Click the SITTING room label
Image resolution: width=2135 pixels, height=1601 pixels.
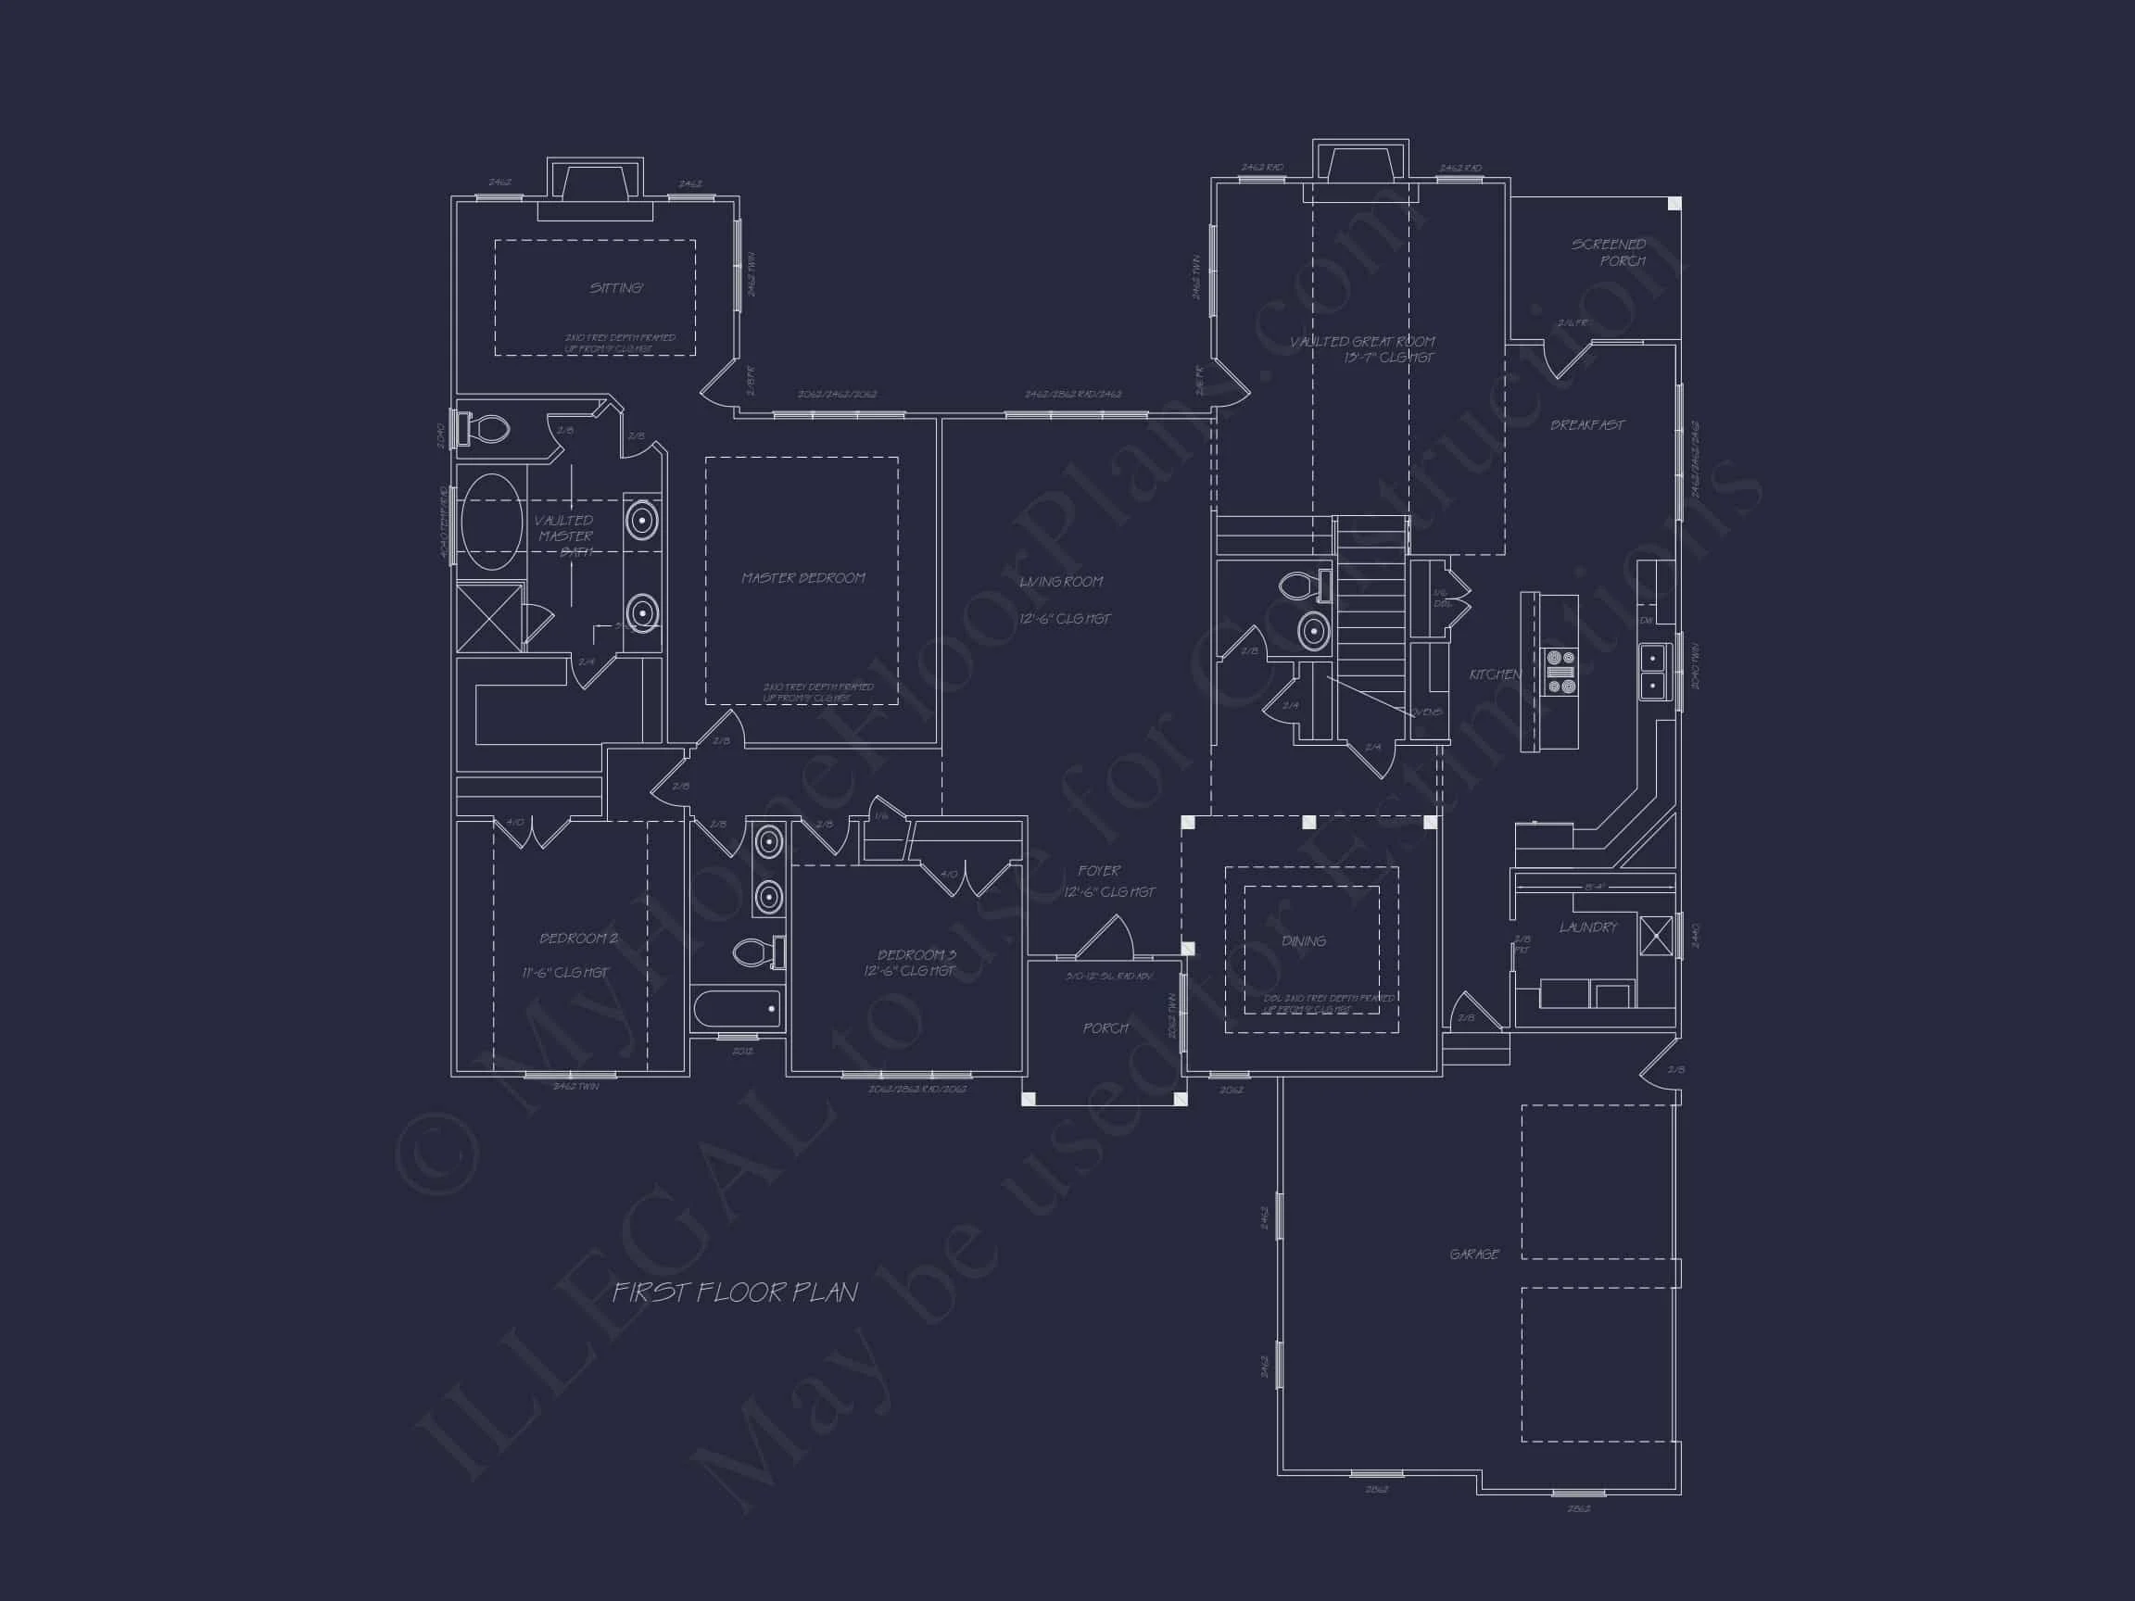616,287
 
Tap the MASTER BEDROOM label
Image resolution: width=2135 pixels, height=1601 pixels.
803,578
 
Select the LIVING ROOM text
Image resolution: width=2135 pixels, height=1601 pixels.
1061,582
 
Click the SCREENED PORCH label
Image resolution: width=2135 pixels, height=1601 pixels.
1609,253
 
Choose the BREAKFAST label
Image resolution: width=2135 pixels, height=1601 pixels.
1586,424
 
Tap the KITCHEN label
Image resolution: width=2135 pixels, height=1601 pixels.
1494,674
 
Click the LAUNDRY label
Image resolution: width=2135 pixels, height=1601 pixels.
1587,927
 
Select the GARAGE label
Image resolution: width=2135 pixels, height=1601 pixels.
1474,1254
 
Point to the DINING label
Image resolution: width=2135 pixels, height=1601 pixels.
1303,941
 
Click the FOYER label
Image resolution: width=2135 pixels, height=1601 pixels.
1099,871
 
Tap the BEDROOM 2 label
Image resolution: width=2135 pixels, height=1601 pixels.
578,938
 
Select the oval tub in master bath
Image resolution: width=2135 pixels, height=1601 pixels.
491,523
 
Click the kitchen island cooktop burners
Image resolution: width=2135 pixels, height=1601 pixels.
1560,672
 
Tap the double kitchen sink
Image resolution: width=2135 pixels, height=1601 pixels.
1652,673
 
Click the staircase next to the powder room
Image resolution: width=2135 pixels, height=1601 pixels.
1371,618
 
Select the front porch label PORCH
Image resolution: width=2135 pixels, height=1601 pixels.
1105,1028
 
